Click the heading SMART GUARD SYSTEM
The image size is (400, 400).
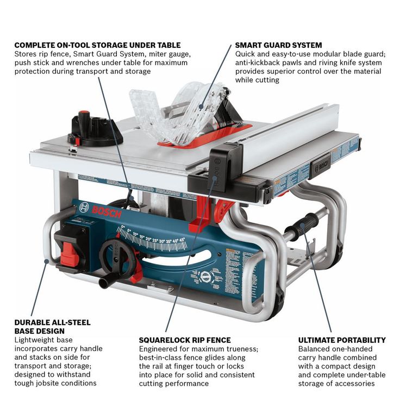278,45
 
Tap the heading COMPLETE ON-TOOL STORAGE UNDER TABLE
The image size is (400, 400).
97,45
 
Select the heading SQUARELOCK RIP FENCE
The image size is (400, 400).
185,340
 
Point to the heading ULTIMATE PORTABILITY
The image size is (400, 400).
342,340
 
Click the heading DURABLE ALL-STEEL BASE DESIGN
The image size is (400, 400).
52,327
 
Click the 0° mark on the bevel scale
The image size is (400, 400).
123,226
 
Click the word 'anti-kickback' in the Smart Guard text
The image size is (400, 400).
258,62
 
